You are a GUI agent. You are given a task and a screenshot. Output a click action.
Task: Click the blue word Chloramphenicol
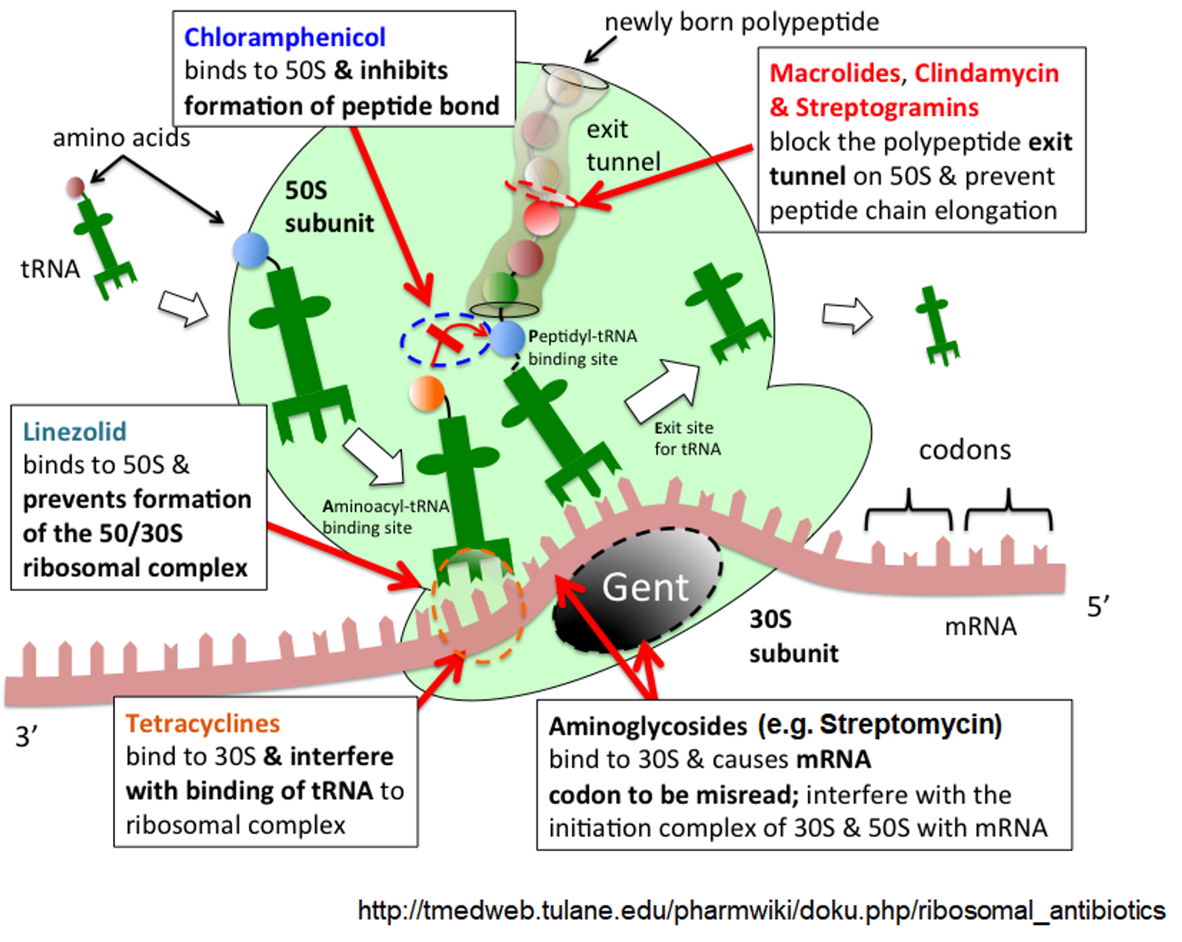click(x=284, y=37)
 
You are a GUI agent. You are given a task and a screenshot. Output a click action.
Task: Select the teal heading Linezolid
click(x=75, y=431)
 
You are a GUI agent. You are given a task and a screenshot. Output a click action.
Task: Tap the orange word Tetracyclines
click(x=202, y=723)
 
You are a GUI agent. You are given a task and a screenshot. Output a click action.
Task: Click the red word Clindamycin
click(x=986, y=73)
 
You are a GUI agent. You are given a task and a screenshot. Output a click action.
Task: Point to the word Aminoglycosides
click(x=647, y=726)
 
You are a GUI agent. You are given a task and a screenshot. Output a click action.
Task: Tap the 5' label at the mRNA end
click(x=1098, y=607)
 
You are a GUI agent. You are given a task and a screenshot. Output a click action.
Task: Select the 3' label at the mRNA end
click(x=27, y=737)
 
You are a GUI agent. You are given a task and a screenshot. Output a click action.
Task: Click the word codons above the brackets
click(x=964, y=450)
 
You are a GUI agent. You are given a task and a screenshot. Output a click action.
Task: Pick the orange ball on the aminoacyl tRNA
click(x=427, y=393)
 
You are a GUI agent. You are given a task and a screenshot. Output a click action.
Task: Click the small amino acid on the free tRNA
click(x=75, y=187)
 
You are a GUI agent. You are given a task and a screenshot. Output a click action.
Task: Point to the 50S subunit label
click(x=329, y=207)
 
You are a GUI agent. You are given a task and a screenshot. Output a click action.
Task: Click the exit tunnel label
click(x=622, y=146)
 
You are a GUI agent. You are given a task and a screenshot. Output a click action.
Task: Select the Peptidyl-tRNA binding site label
click(x=582, y=347)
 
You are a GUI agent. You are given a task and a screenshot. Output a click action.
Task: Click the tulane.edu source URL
click(x=761, y=910)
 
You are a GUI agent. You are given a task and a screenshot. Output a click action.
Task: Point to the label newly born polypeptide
click(x=741, y=22)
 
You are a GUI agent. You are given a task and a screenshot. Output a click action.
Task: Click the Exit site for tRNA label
click(x=686, y=438)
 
